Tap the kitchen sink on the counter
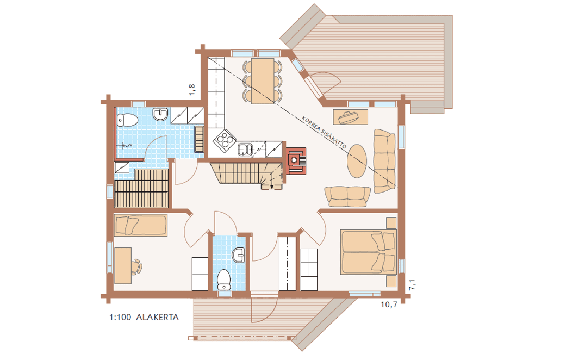[x=245, y=150]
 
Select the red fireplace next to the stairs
[x=296, y=161]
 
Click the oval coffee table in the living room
[x=357, y=161]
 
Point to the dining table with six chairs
[x=263, y=81]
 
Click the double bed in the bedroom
[x=368, y=252]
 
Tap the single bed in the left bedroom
[x=140, y=225]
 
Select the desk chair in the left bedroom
[x=137, y=266]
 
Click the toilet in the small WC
[x=224, y=280]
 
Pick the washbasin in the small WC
[x=239, y=255]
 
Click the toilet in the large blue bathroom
[x=127, y=120]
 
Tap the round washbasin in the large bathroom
[x=160, y=114]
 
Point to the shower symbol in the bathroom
[x=126, y=146]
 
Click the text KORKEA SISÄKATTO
[x=324, y=133]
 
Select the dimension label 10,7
[x=389, y=305]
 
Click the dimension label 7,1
[x=412, y=284]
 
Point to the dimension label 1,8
[x=192, y=90]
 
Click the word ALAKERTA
[x=157, y=318]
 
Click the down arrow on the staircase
[x=271, y=184]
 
